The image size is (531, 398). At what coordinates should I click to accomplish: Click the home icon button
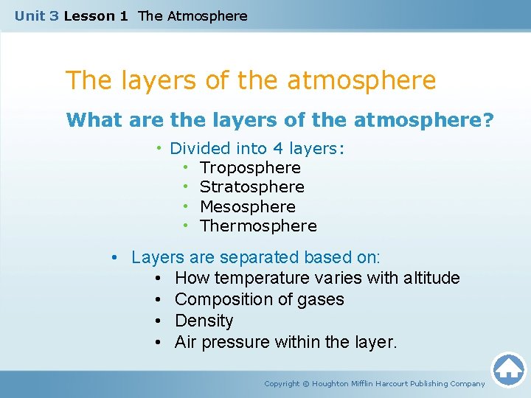(508, 369)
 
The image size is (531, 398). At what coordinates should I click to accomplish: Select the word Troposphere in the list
(250, 168)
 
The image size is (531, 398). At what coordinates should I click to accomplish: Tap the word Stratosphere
(251, 187)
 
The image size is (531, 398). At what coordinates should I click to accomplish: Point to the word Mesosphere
(247, 207)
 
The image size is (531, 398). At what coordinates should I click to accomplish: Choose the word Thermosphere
(258, 226)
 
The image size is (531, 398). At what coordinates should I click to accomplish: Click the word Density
(204, 321)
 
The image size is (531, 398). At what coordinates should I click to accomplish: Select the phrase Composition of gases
(259, 300)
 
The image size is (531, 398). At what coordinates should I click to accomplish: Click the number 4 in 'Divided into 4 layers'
(280, 149)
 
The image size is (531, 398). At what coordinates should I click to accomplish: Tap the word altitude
(431, 279)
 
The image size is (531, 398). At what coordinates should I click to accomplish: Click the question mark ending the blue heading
(488, 119)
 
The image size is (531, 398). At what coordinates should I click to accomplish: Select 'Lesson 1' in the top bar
(96, 15)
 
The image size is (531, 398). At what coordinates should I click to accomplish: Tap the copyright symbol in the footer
(307, 384)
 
